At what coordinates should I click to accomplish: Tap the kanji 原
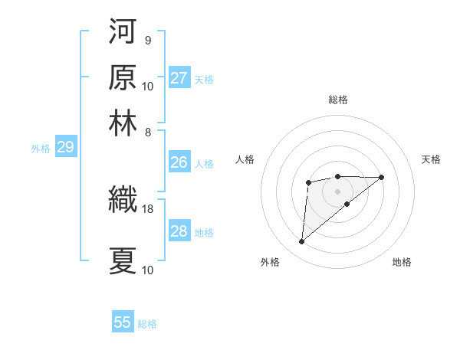point(123,77)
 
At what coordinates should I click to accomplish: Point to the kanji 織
point(123,201)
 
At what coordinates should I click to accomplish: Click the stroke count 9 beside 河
point(147,40)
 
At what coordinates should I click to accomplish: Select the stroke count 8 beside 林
point(147,132)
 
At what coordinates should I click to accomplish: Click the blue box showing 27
point(179,78)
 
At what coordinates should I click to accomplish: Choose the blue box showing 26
point(179,162)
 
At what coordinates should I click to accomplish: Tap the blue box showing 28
point(179,231)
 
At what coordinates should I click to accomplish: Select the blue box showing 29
point(65,147)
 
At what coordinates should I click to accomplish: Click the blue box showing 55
point(123,322)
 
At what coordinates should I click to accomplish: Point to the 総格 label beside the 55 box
point(147,324)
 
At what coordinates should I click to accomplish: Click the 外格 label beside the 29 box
point(41,149)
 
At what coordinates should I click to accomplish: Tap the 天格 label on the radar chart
point(431,159)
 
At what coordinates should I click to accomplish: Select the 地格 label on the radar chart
point(402,262)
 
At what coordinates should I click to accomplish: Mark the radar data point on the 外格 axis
point(301,242)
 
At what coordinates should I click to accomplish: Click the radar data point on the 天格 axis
point(382,177)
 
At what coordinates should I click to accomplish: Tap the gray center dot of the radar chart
point(337,191)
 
